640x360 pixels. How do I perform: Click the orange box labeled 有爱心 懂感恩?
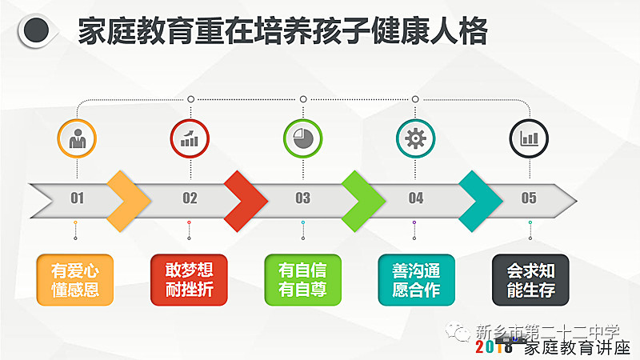[x=75, y=280]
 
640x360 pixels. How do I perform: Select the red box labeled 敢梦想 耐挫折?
[x=189, y=280]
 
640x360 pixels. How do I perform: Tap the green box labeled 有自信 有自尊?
[x=303, y=280]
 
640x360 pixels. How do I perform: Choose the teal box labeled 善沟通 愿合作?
[x=416, y=280]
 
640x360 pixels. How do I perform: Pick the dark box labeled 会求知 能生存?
[x=530, y=280]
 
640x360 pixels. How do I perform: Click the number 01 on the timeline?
[x=77, y=198]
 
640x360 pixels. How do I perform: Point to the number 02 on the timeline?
[x=190, y=198]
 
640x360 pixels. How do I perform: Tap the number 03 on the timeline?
[x=303, y=198]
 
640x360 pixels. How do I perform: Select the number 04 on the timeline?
[x=416, y=198]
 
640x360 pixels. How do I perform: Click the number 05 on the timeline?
[x=529, y=198]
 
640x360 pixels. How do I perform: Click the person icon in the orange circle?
[x=77, y=138]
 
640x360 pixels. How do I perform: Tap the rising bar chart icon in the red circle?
[x=190, y=138]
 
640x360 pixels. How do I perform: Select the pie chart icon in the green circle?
[x=303, y=138]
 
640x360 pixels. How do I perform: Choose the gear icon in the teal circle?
[x=415, y=138]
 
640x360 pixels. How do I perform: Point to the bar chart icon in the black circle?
[x=529, y=138]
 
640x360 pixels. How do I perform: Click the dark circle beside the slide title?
[x=36, y=30]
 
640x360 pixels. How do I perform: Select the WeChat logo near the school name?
[x=458, y=331]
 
